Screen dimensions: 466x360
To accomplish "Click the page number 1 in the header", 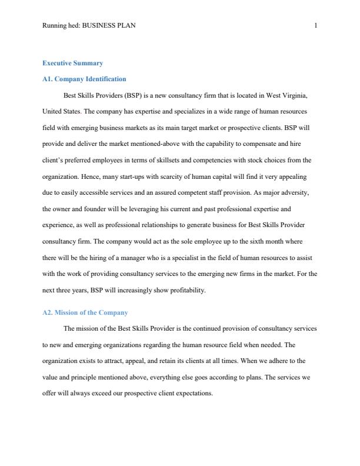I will click(316, 25).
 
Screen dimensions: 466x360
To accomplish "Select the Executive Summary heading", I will click(73, 63).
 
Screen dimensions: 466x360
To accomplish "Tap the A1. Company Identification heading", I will click(84, 79).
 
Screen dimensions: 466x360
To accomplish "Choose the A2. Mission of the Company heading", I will click(85, 312).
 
